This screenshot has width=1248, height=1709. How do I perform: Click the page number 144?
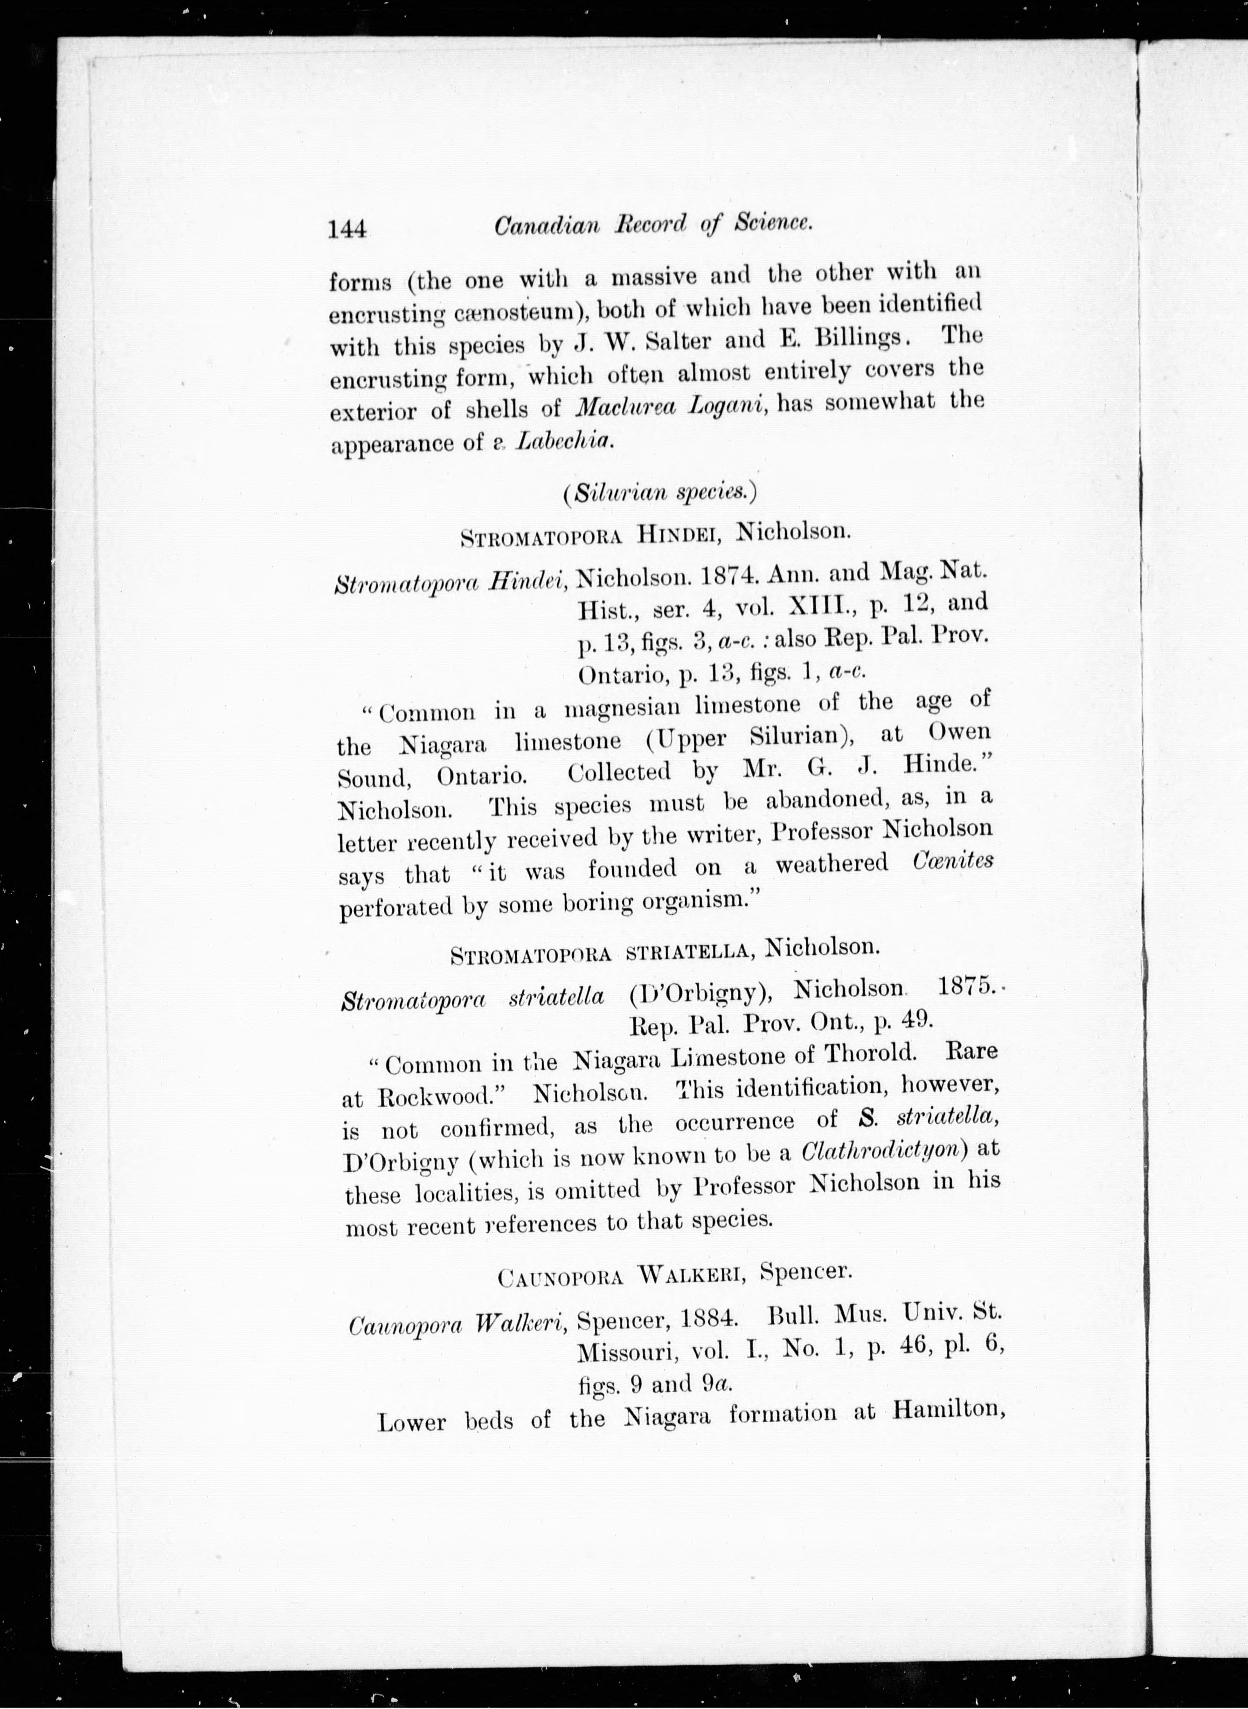(347, 228)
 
